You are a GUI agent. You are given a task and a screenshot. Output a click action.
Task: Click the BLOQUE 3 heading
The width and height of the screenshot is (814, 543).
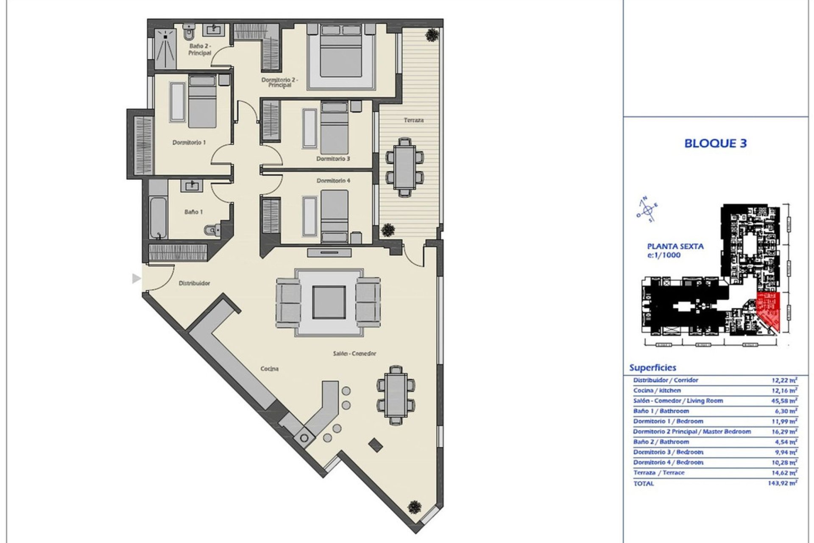click(715, 143)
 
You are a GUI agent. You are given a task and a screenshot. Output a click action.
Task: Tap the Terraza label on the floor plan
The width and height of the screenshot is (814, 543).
click(413, 120)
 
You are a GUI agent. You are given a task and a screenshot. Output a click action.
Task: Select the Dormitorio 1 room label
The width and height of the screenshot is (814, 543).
click(189, 143)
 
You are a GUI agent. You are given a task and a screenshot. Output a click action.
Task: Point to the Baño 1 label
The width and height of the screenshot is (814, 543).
click(193, 212)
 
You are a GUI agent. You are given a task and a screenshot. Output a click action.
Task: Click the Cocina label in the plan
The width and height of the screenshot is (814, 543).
click(269, 369)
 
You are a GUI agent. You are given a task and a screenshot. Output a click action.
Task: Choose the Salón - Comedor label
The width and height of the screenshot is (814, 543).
click(354, 353)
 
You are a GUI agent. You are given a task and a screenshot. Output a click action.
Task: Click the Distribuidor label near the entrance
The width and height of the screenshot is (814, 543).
click(194, 283)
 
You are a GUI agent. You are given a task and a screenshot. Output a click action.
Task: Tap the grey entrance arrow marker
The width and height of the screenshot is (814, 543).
click(136, 279)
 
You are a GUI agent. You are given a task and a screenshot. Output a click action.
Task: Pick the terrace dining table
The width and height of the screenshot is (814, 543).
click(404, 167)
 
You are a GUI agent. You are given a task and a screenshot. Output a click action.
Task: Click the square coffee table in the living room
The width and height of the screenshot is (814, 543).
click(329, 302)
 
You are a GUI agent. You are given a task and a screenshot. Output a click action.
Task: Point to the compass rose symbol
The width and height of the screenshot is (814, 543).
click(647, 210)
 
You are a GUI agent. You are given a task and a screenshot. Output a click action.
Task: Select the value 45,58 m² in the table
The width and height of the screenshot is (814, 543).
click(784, 401)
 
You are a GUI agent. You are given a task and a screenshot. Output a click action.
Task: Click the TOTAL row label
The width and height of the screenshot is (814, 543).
click(644, 484)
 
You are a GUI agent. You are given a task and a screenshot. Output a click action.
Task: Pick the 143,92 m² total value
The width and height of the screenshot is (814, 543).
click(782, 483)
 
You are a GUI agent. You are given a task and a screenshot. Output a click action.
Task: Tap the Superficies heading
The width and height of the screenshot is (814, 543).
click(652, 368)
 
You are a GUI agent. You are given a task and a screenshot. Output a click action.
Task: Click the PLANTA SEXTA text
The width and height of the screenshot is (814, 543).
click(675, 246)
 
